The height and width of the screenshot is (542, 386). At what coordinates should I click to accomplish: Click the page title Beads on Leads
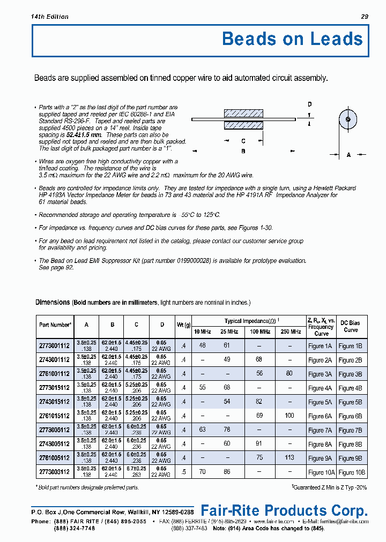point(292,39)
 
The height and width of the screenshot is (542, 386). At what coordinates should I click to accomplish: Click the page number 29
point(365,17)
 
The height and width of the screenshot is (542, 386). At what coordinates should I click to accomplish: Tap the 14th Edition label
point(50,17)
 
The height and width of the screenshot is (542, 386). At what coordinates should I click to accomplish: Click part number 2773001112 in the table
point(55,346)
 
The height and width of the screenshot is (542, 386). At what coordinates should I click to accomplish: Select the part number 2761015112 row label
point(55,416)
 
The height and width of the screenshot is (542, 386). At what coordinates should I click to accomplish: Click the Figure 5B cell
point(351,402)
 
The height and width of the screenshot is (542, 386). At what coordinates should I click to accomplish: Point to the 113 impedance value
point(289,458)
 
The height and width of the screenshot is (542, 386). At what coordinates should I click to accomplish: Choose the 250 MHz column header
point(290,332)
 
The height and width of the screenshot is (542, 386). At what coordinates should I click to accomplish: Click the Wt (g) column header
point(184,325)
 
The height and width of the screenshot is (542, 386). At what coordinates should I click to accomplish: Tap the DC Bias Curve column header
point(351,326)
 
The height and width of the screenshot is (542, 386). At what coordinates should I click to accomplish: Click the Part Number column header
point(55,325)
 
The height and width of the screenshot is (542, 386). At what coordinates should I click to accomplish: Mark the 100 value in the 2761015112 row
point(289,416)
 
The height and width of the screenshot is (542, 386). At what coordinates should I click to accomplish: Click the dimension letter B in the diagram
point(243,151)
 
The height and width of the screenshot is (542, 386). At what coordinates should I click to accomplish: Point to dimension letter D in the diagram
point(309,104)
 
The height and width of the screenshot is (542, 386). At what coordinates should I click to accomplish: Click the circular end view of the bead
point(348,119)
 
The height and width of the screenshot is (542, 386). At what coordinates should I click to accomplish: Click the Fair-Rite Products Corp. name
point(284,510)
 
